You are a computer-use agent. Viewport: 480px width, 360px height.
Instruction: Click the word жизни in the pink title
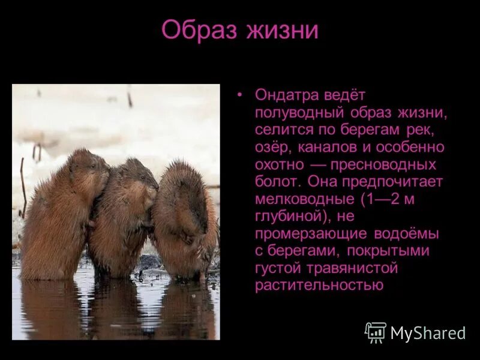pyautogui.click(x=282, y=30)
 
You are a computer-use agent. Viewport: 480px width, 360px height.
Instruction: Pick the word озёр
pyautogui.click(x=272, y=147)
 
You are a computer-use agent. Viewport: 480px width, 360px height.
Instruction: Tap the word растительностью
pyautogui.click(x=319, y=286)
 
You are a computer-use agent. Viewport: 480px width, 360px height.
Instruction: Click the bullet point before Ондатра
pyautogui.click(x=239, y=95)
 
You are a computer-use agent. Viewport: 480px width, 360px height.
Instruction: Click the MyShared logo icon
pyautogui.click(x=376, y=332)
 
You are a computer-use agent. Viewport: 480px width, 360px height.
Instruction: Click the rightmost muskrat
pyautogui.click(x=183, y=222)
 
